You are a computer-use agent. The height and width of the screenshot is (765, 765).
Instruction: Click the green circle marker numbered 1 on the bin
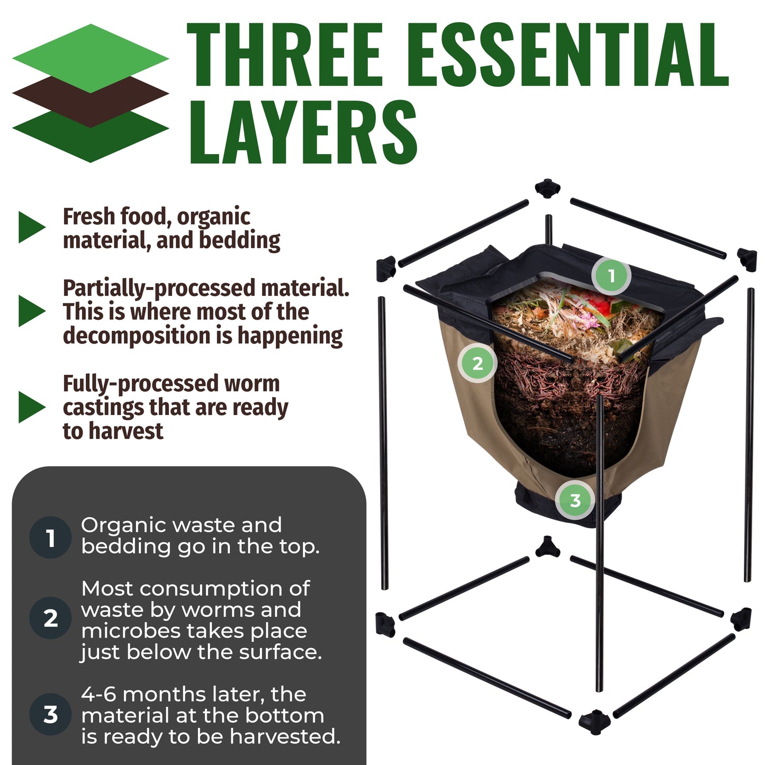[611, 276]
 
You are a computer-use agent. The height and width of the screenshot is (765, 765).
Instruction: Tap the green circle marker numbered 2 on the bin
[477, 363]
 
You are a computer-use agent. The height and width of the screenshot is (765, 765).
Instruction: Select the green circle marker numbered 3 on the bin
[575, 500]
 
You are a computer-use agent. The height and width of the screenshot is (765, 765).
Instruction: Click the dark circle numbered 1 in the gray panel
[50, 537]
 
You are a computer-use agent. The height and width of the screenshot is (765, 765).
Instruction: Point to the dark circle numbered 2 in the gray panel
[50, 618]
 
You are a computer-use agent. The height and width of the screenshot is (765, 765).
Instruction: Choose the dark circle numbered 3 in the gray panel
[50, 714]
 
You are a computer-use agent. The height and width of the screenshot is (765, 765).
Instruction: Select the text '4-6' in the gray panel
[99, 694]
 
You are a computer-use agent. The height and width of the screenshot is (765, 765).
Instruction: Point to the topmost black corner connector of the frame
[548, 188]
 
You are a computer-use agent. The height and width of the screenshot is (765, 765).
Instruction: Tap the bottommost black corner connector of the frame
[595, 721]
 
